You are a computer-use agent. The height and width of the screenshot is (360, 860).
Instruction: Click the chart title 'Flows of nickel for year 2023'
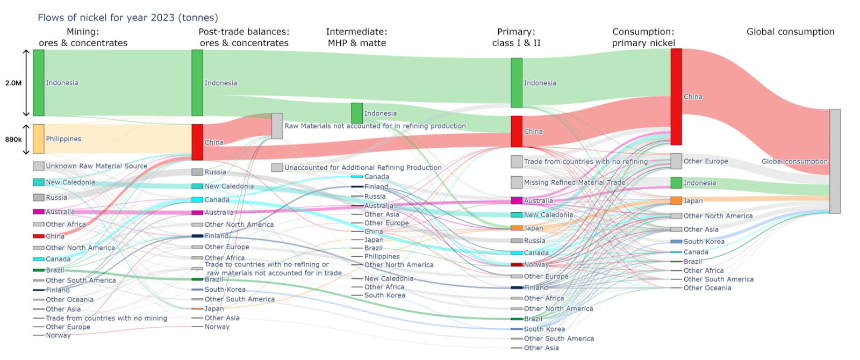[x=127, y=18]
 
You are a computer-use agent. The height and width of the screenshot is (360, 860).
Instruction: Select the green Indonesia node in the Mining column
[x=38, y=83]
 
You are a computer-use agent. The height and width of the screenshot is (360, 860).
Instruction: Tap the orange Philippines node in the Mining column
[x=38, y=139]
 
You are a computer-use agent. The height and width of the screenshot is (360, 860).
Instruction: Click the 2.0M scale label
[x=13, y=83]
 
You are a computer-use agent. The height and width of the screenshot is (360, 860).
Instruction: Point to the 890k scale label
[x=13, y=139]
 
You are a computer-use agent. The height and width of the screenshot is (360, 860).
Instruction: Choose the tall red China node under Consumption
[x=676, y=97]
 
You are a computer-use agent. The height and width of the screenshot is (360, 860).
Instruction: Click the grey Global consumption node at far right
[x=834, y=161]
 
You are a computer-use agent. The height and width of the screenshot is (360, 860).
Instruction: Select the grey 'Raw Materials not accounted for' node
[x=277, y=126]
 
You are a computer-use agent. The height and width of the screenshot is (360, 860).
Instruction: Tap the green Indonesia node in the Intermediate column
[x=356, y=113]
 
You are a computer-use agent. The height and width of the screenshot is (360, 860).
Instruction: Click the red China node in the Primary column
[x=516, y=131]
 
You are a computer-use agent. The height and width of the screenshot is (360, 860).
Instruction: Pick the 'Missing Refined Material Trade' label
[x=574, y=183]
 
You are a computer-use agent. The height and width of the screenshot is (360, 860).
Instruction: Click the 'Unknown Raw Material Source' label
[x=96, y=166]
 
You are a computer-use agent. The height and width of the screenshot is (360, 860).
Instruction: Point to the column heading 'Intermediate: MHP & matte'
[x=356, y=37]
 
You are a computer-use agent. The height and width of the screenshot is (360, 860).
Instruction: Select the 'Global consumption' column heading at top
[x=790, y=32]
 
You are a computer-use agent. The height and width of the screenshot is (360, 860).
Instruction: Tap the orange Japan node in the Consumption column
[x=676, y=201]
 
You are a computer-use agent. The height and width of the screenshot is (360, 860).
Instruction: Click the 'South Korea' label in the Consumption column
[x=704, y=242]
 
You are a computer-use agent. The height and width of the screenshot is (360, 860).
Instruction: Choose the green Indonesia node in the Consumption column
[x=676, y=183]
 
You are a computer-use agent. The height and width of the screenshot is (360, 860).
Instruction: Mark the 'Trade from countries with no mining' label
[x=106, y=318]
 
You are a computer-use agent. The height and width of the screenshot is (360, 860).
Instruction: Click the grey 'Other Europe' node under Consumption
[x=676, y=161]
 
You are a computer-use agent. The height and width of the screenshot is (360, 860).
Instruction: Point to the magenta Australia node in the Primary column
[x=516, y=201]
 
